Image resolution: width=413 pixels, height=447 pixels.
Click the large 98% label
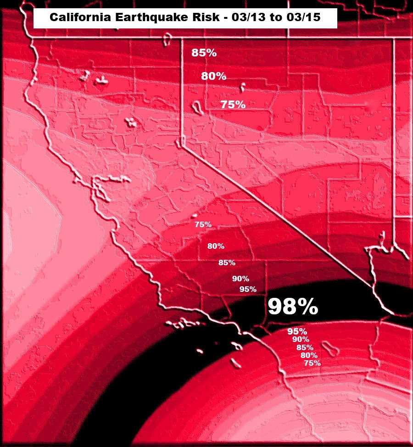click(x=293, y=307)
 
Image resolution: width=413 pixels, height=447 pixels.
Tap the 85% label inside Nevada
click(x=204, y=53)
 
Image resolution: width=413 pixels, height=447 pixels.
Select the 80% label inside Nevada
click(x=214, y=76)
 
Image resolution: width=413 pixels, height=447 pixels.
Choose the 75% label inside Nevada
click(x=233, y=105)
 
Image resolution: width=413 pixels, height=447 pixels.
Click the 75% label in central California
click(x=203, y=224)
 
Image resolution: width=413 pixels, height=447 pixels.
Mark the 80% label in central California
click(x=216, y=246)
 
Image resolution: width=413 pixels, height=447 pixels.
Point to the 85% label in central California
click(x=227, y=263)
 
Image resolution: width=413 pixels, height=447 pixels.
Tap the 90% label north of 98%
click(x=240, y=279)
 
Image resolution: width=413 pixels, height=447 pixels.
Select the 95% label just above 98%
click(x=248, y=289)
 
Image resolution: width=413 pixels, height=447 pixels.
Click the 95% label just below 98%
click(x=297, y=331)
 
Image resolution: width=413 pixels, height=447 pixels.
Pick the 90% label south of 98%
click(x=301, y=340)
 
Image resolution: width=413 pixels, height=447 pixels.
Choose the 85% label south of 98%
click(x=305, y=347)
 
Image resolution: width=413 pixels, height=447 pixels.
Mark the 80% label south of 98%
click(x=309, y=355)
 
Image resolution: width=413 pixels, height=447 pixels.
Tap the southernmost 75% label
click(x=312, y=363)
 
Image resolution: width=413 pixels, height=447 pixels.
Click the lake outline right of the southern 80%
click(x=332, y=350)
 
